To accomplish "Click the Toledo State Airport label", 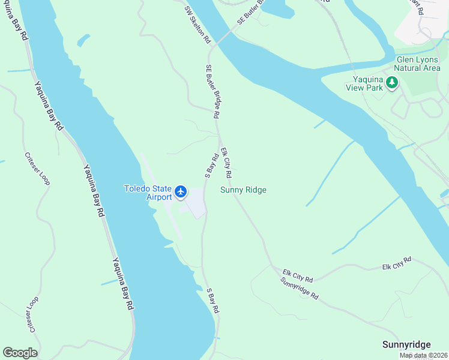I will [148, 193].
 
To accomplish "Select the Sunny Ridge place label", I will [243, 190].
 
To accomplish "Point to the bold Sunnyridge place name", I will [406, 344].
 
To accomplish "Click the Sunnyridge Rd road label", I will [299, 289].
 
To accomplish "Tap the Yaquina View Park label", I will [364, 83].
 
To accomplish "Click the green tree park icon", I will [393, 83].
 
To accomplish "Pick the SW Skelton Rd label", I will [197, 25].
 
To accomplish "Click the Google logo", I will [20, 353].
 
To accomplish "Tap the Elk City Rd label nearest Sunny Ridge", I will [226, 163].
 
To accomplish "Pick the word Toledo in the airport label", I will [136, 188].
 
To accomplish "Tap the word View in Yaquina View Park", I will [373, 88].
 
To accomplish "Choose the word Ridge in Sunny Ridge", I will [255, 190].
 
